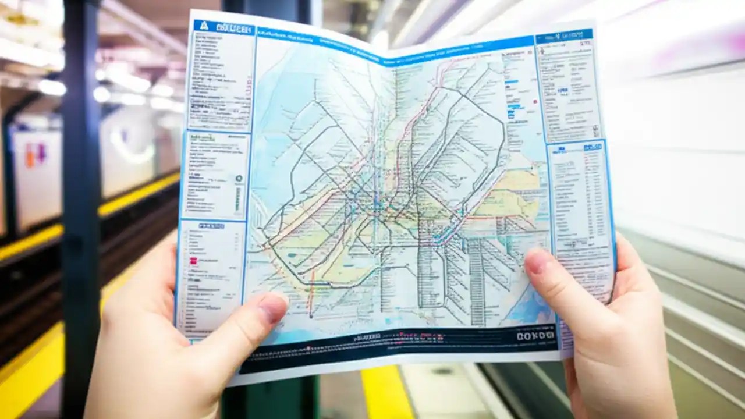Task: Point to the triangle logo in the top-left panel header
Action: [x=204, y=26]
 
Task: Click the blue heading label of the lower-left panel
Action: [x=211, y=226]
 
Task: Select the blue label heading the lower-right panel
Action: [x=592, y=147]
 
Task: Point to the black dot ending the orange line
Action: [x=311, y=316]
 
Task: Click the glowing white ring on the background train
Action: [x=131, y=145]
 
